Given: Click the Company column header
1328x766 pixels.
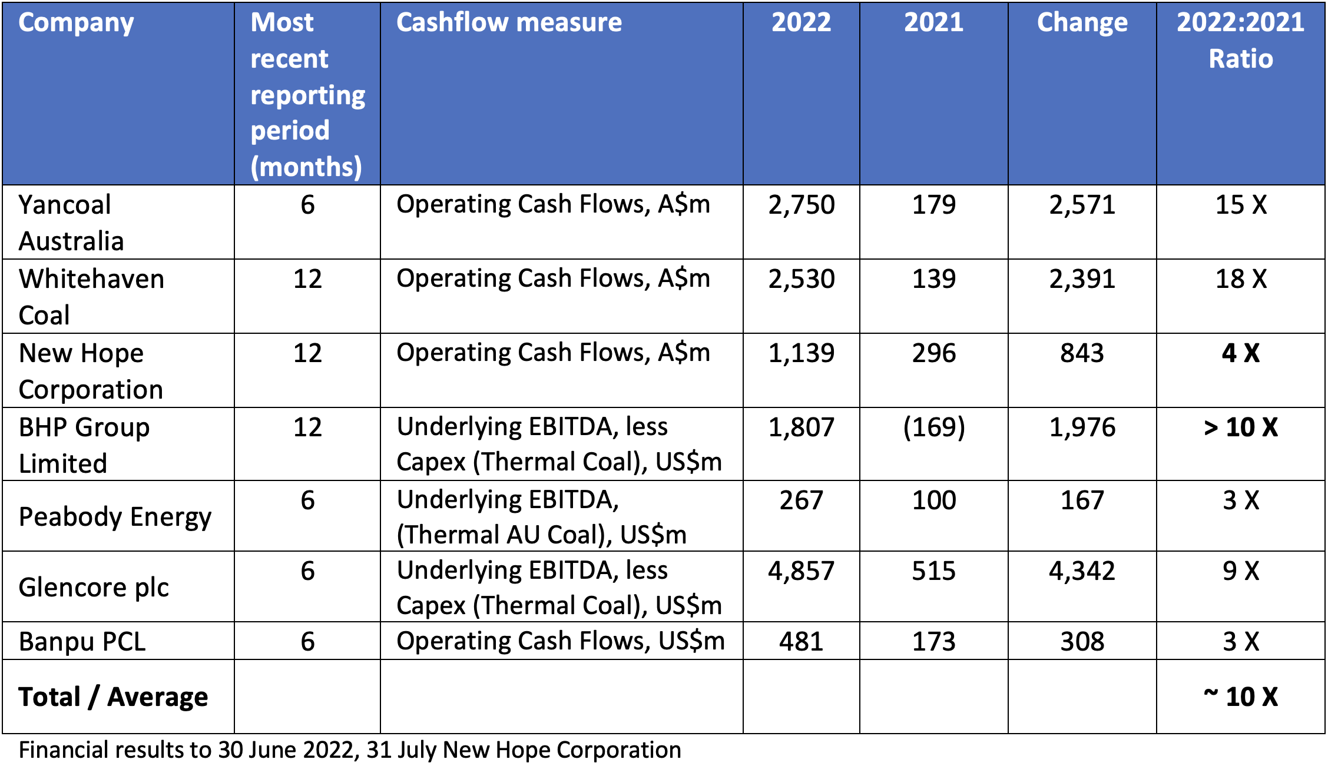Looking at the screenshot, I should coord(76,23).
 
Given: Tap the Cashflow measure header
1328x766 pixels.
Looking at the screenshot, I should coord(509,23).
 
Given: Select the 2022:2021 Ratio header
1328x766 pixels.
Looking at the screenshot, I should coord(1240,41).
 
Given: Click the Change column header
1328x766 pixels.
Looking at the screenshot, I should coord(1082,23).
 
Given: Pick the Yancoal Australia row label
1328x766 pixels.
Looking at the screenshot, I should coord(71,223).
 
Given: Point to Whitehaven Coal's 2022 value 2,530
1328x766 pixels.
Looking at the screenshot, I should coord(801,279).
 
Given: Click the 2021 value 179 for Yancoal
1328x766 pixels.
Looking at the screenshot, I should coord(933,205).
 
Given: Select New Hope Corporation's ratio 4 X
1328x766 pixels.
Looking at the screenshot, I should coord(1240,353).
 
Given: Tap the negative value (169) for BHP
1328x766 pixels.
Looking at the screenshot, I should coord(933,427).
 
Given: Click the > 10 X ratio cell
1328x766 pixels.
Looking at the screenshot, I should coord(1240,427).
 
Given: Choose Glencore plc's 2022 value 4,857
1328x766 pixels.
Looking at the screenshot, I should coord(801,571).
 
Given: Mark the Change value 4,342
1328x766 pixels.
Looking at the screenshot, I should coord(1082,571).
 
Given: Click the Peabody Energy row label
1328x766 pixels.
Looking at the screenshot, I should coord(115,517).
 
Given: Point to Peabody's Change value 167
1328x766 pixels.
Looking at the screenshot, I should coord(1082,500).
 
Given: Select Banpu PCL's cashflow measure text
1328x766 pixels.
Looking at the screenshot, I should coord(560,641).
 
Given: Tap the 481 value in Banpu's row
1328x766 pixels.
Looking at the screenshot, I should coord(801,641).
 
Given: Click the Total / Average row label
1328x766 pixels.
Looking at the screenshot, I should coord(113,697).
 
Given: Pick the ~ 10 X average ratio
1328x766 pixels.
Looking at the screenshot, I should coord(1240,697).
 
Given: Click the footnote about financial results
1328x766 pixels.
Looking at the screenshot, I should coord(350,750).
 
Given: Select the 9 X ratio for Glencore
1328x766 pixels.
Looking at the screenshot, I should coord(1240,571).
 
